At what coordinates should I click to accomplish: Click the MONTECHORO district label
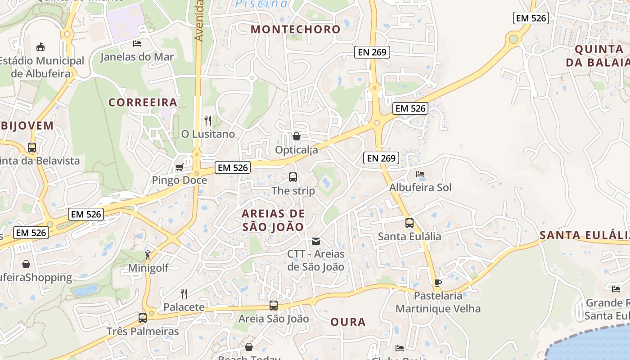click(296, 30)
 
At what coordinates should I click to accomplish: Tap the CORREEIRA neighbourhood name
click(143, 103)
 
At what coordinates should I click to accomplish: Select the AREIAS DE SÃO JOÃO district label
click(273, 220)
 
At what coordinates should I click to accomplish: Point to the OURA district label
click(348, 322)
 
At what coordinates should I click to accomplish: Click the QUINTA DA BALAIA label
click(597, 56)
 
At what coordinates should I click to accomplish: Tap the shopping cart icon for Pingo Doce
click(179, 167)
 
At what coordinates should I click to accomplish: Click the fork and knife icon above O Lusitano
click(208, 121)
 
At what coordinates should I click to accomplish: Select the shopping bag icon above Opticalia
click(297, 136)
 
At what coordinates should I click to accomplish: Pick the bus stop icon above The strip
click(293, 177)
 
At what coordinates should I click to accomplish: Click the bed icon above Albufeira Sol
click(420, 174)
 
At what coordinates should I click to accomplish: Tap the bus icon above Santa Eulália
click(409, 223)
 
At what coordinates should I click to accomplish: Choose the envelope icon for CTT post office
click(316, 241)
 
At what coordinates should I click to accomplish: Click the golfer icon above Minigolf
click(148, 255)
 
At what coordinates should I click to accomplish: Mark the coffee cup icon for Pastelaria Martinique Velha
click(437, 283)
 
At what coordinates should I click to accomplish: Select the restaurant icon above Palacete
click(184, 294)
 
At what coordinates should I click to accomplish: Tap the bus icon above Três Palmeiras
click(143, 318)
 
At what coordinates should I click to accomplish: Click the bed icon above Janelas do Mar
click(137, 44)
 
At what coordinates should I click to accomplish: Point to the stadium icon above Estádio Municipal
click(41, 47)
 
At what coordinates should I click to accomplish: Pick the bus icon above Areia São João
click(274, 306)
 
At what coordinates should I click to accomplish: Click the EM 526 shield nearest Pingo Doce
click(233, 168)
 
